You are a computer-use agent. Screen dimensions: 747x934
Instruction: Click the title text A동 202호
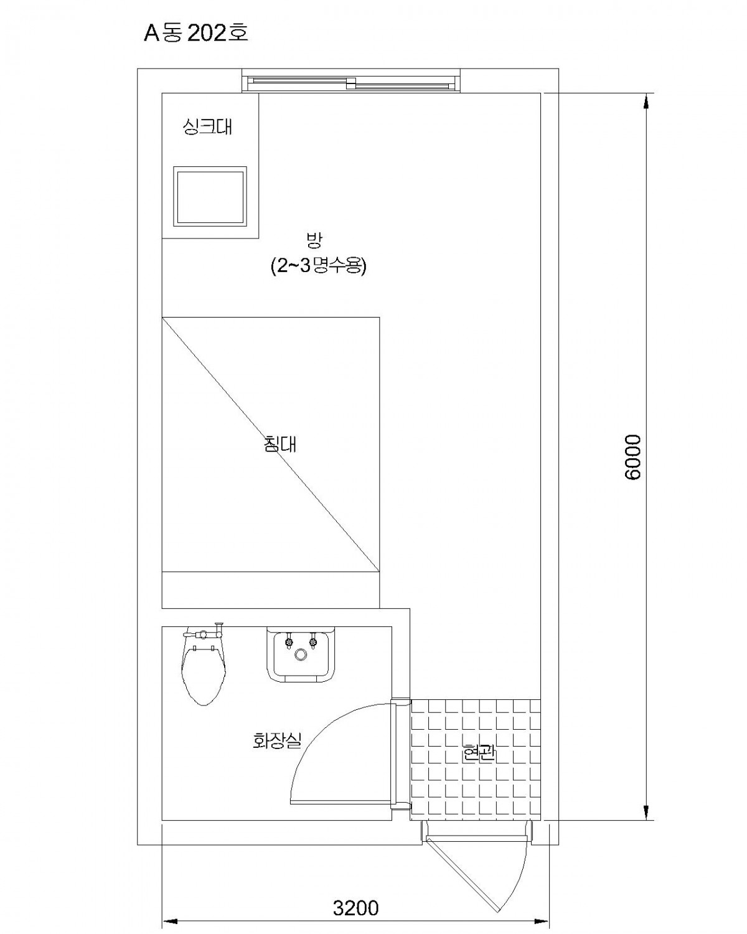[195, 33]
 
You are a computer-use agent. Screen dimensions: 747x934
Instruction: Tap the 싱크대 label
[207, 127]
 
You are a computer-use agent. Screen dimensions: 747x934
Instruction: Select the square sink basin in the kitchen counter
[210, 196]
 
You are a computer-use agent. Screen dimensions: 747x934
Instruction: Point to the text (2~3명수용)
[318, 266]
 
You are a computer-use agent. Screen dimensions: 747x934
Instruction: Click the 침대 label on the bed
[280, 444]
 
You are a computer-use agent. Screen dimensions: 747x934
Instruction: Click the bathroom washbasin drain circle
[301, 654]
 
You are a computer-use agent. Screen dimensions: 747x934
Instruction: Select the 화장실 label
[277, 740]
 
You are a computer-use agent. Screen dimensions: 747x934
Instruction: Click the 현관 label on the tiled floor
[479, 753]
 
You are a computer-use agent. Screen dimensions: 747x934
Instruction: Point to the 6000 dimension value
[633, 456]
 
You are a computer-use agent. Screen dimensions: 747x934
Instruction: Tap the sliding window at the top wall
[350, 81]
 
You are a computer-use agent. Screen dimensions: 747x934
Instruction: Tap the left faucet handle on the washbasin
[288, 641]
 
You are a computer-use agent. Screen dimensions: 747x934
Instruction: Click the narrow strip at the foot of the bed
[270, 590]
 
